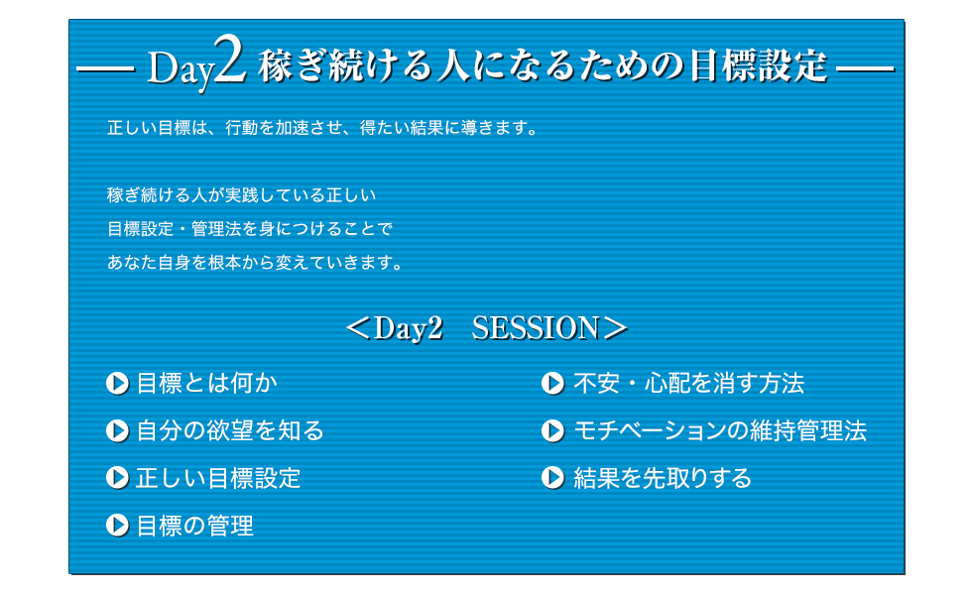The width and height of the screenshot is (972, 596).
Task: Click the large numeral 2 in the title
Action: (229, 60)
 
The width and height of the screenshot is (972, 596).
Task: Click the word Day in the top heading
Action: (180, 69)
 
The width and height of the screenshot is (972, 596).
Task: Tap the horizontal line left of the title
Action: (105, 68)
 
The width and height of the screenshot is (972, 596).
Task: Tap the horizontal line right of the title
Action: (865, 68)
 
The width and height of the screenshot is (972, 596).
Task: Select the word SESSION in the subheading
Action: (536, 328)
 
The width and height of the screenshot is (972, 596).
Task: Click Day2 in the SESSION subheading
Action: (409, 328)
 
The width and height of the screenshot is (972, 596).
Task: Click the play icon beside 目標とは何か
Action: (117, 384)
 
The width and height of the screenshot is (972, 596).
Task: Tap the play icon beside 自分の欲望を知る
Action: (117, 430)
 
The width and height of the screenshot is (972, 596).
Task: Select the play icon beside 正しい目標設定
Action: (117, 478)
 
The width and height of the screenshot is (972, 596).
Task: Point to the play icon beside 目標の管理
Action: (117, 526)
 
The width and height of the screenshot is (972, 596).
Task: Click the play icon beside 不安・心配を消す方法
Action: (553, 384)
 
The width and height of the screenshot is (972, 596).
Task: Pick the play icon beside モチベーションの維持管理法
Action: (553, 430)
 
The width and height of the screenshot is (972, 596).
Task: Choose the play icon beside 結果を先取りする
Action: (553, 478)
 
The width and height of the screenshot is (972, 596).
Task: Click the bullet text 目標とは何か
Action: (206, 384)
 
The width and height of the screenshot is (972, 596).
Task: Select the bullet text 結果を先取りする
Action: (663, 478)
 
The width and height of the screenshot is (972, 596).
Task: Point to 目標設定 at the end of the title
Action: (758, 65)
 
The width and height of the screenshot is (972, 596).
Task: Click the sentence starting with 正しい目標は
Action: (322, 128)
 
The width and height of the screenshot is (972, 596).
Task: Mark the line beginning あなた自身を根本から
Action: (255, 263)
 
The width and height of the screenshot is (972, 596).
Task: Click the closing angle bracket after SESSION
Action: (615, 328)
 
